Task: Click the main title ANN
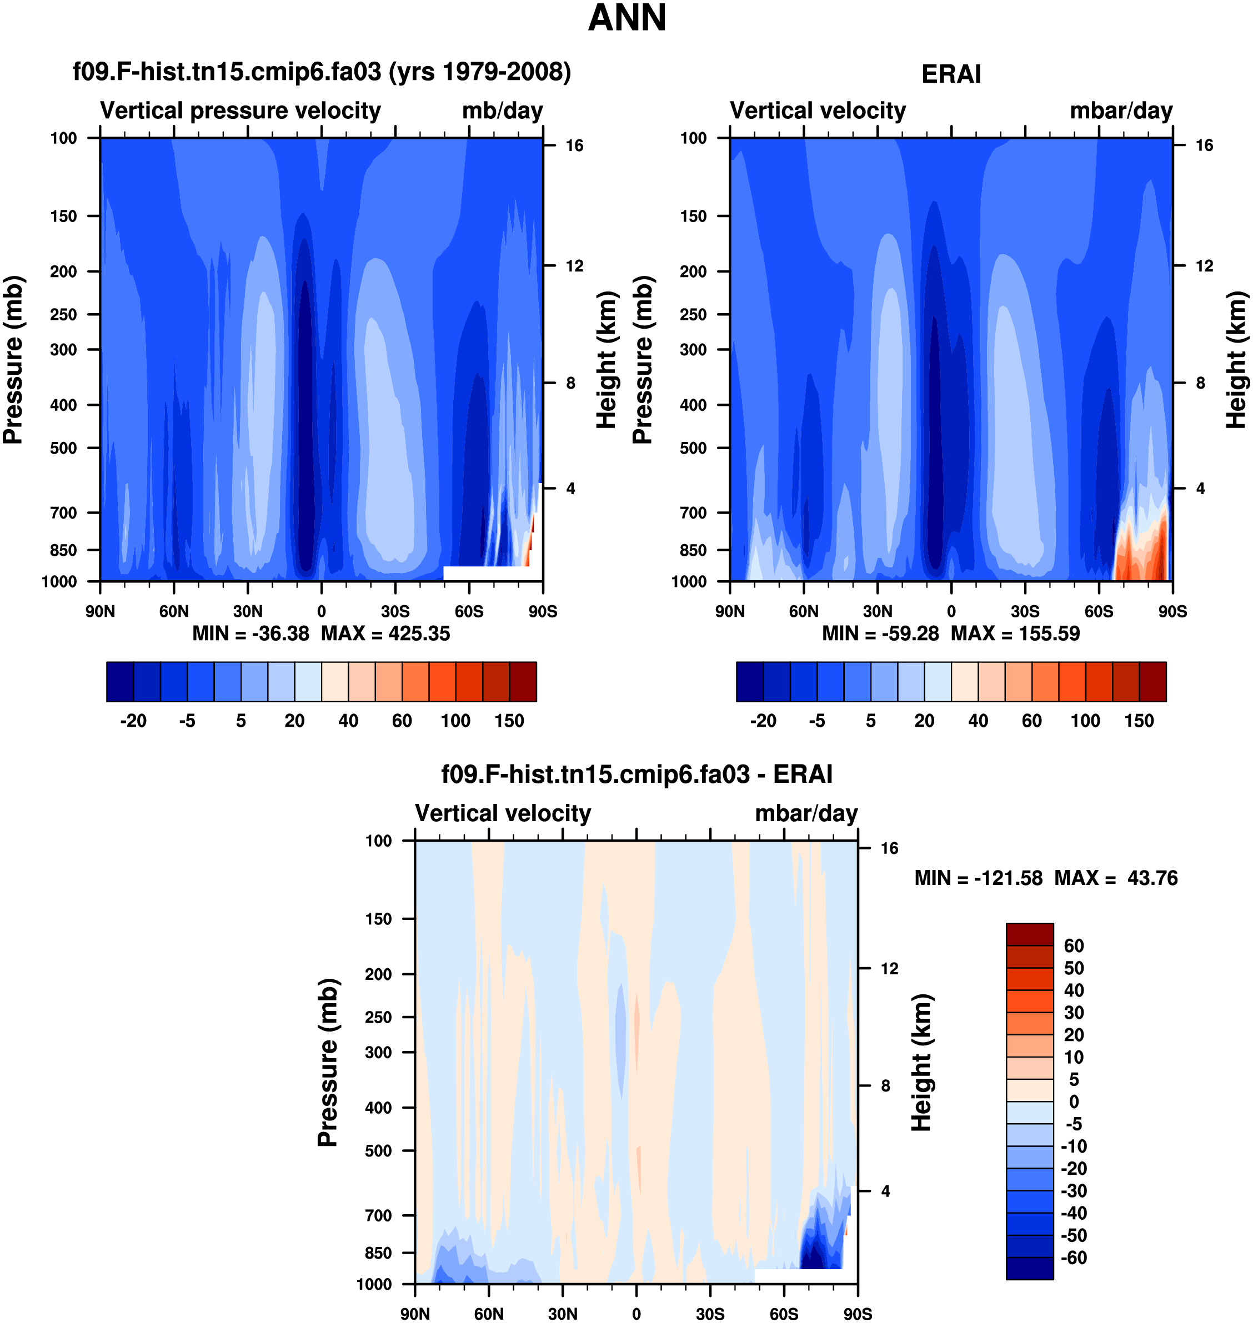[626, 18]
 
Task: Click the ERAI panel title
[950, 74]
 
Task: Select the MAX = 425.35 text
[385, 633]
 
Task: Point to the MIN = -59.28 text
[880, 633]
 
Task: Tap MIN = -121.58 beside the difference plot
[978, 878]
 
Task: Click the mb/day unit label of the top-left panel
[502, 111]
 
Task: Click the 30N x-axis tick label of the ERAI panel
[877, 611]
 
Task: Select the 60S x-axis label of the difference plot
[784, 1314]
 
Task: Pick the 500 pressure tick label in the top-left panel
[63, 448]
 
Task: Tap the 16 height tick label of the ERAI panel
[1204, 145]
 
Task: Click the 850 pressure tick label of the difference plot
[378, 1253]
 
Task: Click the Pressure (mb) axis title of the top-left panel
[13, 360]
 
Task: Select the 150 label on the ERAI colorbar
[1139, 721]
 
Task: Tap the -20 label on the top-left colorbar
[133, 721]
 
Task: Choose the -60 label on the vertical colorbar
[1074, 1257]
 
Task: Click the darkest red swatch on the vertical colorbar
[1029, 934]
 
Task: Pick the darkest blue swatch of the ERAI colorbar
[749, 682]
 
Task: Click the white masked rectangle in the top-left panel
[491, 573]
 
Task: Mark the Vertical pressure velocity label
[240, 111]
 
